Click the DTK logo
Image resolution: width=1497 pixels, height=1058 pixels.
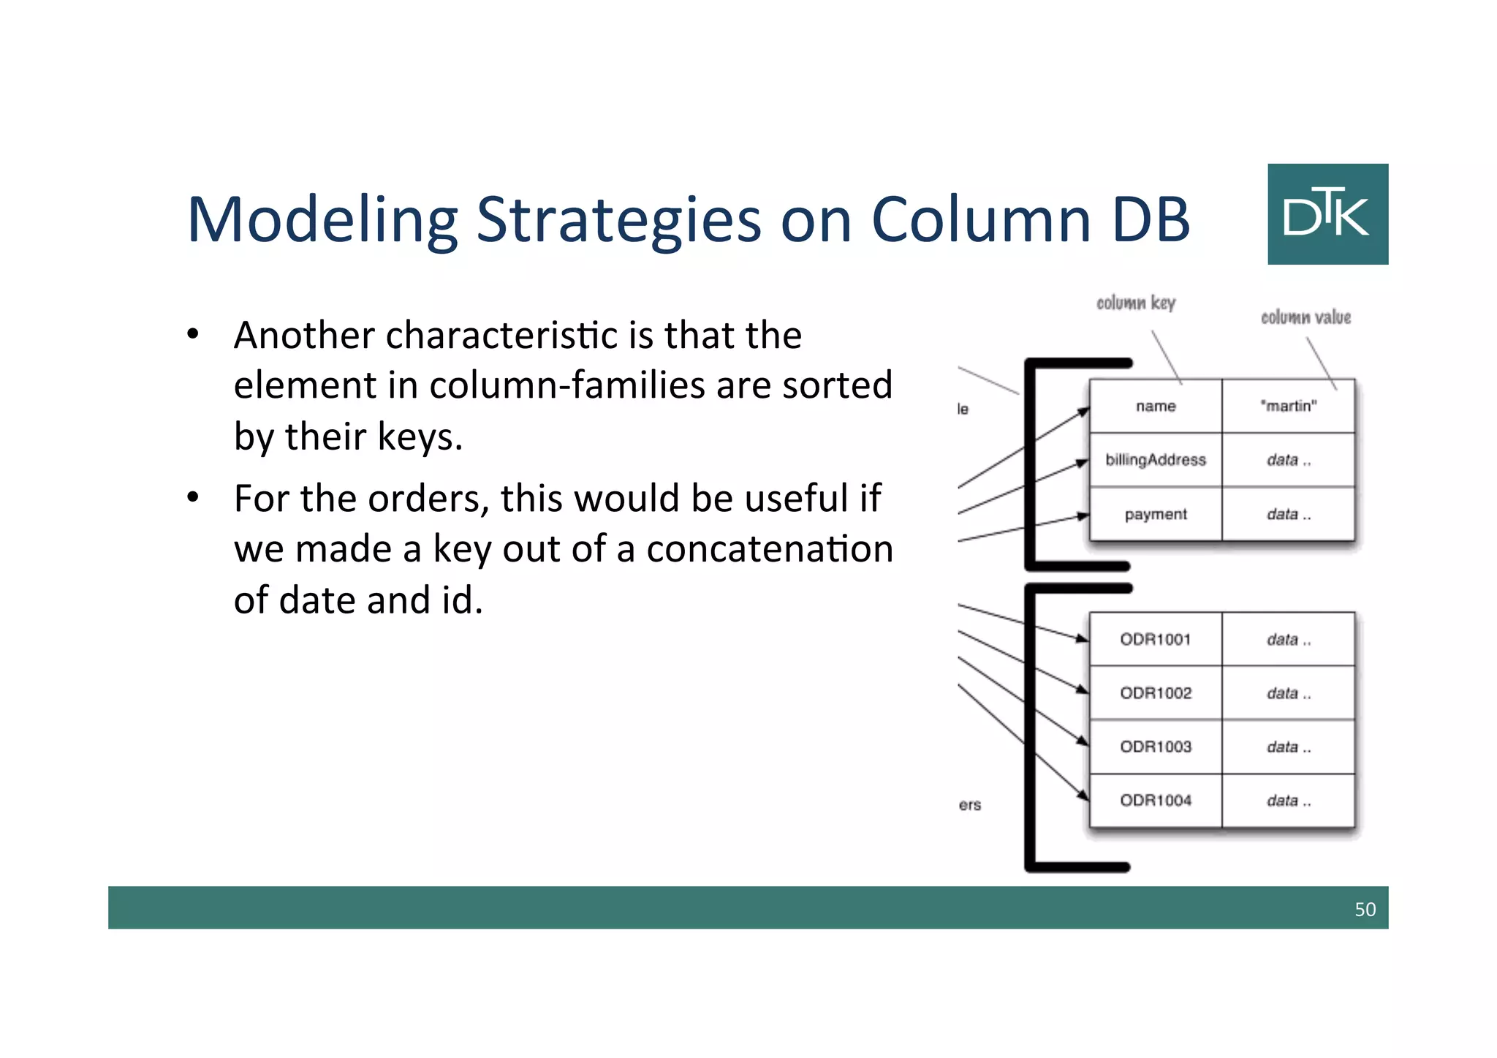(1327, 214)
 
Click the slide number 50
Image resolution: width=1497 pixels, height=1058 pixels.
(1365, 909)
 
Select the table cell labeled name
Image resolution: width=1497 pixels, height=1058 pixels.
(1156, 406)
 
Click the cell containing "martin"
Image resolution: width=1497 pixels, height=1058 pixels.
(1288, 406)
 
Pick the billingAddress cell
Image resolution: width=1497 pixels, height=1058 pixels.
(1156, 460)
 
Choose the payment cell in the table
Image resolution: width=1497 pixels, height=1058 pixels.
(1156, 514)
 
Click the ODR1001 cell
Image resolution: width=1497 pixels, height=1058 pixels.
(1156, 639)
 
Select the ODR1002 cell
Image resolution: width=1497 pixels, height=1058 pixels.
(1156, 692)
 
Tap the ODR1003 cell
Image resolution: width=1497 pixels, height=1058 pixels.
(1156, 747)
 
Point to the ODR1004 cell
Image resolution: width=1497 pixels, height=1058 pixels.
(1156, 801)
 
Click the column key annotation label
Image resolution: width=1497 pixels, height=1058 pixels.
(1135, 303)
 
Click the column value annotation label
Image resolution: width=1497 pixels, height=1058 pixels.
(1305, 317)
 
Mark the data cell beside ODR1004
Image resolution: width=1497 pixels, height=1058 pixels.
(1288, 801)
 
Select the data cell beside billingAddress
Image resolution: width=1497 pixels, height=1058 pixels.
(1288, 460)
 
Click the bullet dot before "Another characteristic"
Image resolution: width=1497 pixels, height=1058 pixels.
(193, 335)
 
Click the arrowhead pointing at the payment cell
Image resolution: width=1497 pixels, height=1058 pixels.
(1083, 516)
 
